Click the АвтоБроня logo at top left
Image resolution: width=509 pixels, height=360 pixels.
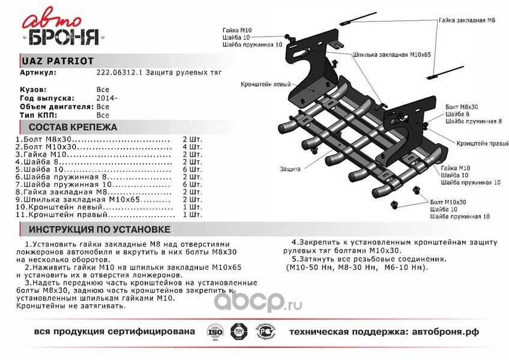point(61,30)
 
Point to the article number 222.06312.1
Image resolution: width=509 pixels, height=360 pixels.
point(116,72)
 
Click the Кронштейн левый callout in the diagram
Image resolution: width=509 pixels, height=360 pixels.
point(262,85)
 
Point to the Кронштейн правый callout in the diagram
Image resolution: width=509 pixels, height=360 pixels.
point(478,144)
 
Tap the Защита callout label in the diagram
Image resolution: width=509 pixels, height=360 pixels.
point(290,170)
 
